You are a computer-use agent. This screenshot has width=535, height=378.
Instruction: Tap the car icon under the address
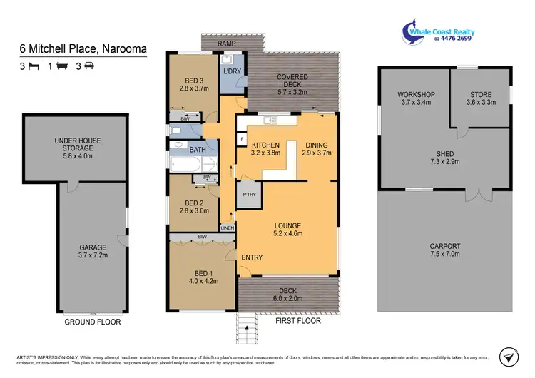pos(88,66)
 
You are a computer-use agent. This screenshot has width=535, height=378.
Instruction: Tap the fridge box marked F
pos(243,138)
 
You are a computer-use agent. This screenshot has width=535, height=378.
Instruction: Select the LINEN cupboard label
pos(227,228)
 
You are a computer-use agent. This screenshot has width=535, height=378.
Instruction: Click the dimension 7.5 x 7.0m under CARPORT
pos(444,255)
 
